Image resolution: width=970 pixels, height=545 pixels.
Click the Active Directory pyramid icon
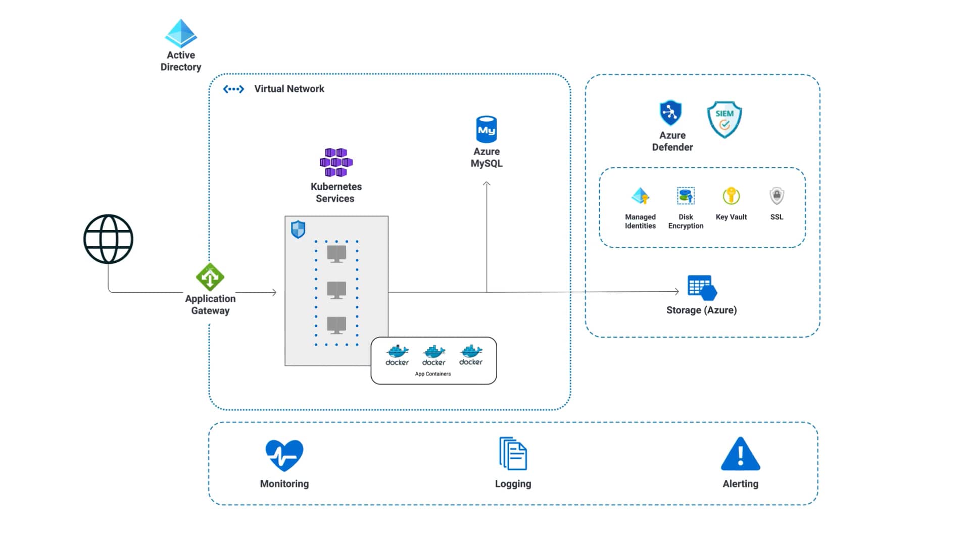(x=181, y=33)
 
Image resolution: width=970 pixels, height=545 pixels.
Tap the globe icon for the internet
(x=108, y=239)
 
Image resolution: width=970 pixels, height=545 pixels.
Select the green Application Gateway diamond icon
(x=210, y=277)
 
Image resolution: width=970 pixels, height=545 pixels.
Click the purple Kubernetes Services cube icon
(x=336, y=162)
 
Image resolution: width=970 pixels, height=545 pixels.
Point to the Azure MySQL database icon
(x=487, y=130)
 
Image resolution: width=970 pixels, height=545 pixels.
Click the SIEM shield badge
(x=724, y=120)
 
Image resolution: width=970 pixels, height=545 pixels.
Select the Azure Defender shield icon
(x=670, y=113)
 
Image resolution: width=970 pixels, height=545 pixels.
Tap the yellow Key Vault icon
(x=731, y=196)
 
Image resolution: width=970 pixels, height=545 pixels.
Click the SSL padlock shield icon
(x=777, y=196)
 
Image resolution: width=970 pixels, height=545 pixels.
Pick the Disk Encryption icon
(x=686, y=196)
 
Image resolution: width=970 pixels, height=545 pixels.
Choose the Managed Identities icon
(x=640, y=196)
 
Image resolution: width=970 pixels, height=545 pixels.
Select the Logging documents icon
(x=513, y=454)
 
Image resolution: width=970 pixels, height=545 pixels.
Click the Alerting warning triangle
(x=740, y=454)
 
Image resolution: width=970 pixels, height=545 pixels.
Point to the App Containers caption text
(x=433, y=374)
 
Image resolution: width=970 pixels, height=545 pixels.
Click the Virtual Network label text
(x=289, y=89)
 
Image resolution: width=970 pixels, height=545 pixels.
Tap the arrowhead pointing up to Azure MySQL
(x=487, y=184)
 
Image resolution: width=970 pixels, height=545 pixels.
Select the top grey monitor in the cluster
(x=336, y=253)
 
